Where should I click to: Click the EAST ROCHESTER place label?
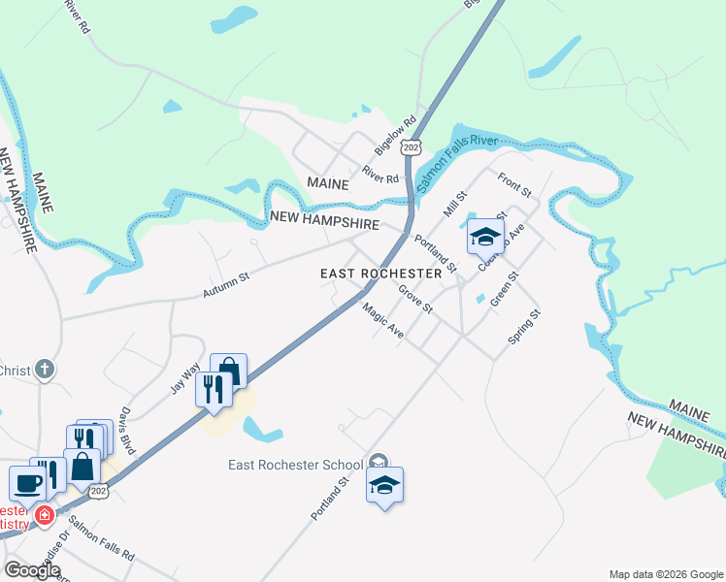coord(380,274)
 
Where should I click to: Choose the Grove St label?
coord(414,298)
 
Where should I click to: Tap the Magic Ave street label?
coord(382,320)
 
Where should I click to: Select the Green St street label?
coord(505,289)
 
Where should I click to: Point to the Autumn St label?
coord(226,284)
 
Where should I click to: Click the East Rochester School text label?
coord(295,465)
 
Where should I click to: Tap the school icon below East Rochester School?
coord(384,485)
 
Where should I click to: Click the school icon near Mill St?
coord(485,236)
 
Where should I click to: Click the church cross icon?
coord(44,370)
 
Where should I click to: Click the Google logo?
coord(32,570)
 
